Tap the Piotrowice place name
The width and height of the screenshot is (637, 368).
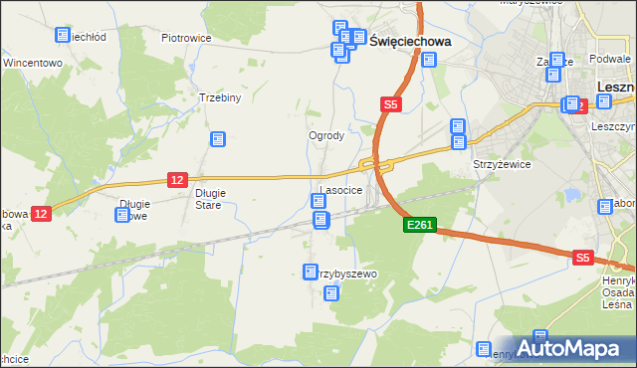coord(185,38)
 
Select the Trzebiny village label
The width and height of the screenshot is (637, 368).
coord(220,98)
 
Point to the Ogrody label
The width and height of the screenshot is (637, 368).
coord(326,136)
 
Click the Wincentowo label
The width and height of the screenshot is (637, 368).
coord(33,62)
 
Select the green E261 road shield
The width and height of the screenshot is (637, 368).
coord(419,226)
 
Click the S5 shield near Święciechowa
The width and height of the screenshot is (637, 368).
coord(390,103)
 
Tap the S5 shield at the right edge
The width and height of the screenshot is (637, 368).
coord(583,258)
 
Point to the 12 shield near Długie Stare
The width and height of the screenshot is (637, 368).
coord(177,179)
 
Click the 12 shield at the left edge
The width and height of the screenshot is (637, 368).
coord(40,213)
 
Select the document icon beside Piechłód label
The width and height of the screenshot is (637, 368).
coord(63,35)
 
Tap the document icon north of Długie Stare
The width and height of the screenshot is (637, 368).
coord(217,140)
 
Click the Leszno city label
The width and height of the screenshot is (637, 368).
coord(616,88)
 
